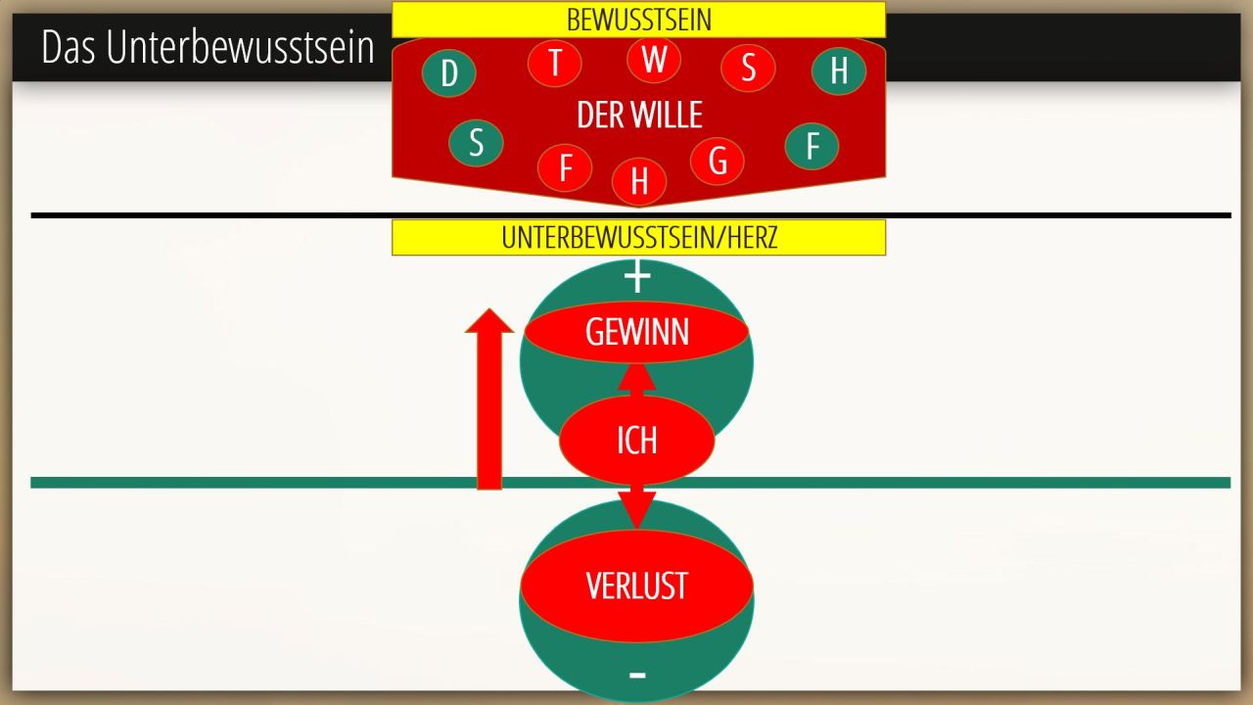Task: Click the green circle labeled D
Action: [449, 72]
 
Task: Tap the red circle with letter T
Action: [555, 63]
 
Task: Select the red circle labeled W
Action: [654, 59]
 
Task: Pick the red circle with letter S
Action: [748, 68]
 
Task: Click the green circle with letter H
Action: [839, 70]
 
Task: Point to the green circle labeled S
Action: [476, 142]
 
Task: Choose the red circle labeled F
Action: [565, 167]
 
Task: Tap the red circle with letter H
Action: [639, 181]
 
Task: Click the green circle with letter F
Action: [812, 146]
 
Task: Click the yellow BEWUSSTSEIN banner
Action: [638, 20]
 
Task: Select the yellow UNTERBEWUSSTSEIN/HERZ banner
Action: [638, 238]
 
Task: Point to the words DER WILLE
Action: [639, 116]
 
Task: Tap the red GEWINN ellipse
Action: [636, 333]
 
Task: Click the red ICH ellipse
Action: [636, 441]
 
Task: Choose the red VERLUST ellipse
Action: [636, 586]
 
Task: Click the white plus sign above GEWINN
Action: [637, 278]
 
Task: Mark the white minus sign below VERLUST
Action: [637, 675]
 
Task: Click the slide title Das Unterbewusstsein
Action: [208, 47]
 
